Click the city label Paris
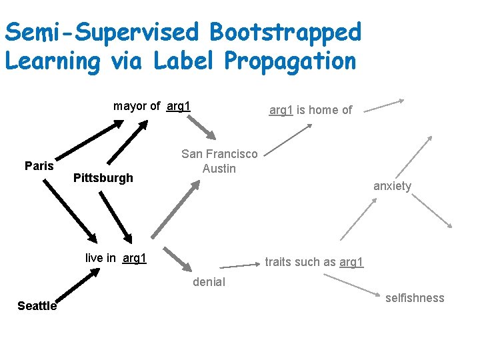point(39,165)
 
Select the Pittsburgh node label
point(103,178)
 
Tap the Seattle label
point(37,306)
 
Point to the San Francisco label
point(219,154)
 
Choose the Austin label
point(219,169)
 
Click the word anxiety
point(392,186)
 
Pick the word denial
point(209,282)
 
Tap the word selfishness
point(414,298)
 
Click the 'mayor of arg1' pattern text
point(152,106)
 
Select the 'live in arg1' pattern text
point(116,258)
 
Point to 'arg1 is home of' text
point(310,110)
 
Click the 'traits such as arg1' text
point(314,262)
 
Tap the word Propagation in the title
point(290,61)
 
